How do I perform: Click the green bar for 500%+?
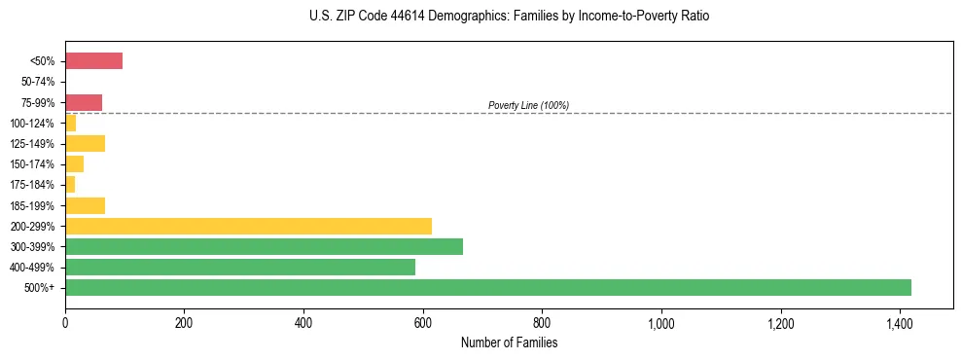(488, 287)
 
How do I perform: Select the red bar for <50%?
(93, 61)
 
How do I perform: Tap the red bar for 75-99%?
(84, 102)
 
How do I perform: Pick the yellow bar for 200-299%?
(248, 226)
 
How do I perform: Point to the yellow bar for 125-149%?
(85, 144)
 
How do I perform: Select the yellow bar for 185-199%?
(85, 205)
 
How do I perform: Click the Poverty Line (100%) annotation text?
(528, 105)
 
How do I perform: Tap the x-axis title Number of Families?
(509, 342)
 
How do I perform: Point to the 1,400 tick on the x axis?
(900, 323)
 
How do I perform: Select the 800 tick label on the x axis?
(542, 323)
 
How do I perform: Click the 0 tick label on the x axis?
(65, 323)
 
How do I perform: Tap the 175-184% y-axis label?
(34, 185)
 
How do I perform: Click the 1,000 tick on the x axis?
(661, 323)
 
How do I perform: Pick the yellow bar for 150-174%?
(74, 164)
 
